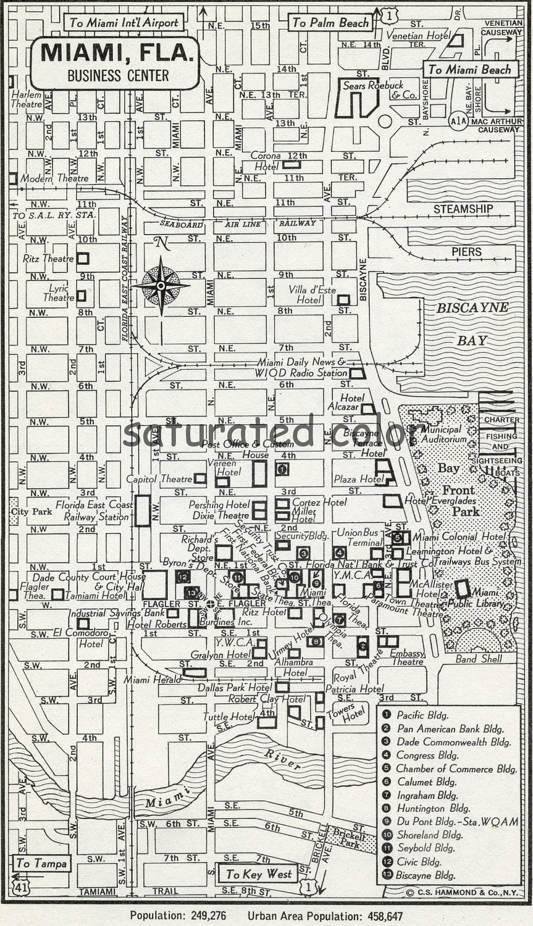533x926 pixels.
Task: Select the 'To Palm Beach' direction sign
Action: tap(330, 23)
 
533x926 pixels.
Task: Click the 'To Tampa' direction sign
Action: tap(41, 863)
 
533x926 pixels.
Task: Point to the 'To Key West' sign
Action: tap(258, 874)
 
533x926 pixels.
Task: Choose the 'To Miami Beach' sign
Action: tap(469, 69)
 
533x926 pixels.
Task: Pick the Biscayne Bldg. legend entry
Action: tap(426, 875)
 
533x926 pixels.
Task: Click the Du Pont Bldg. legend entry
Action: tap(457, 822)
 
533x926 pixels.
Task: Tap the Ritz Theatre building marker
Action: tap(82, 259)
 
